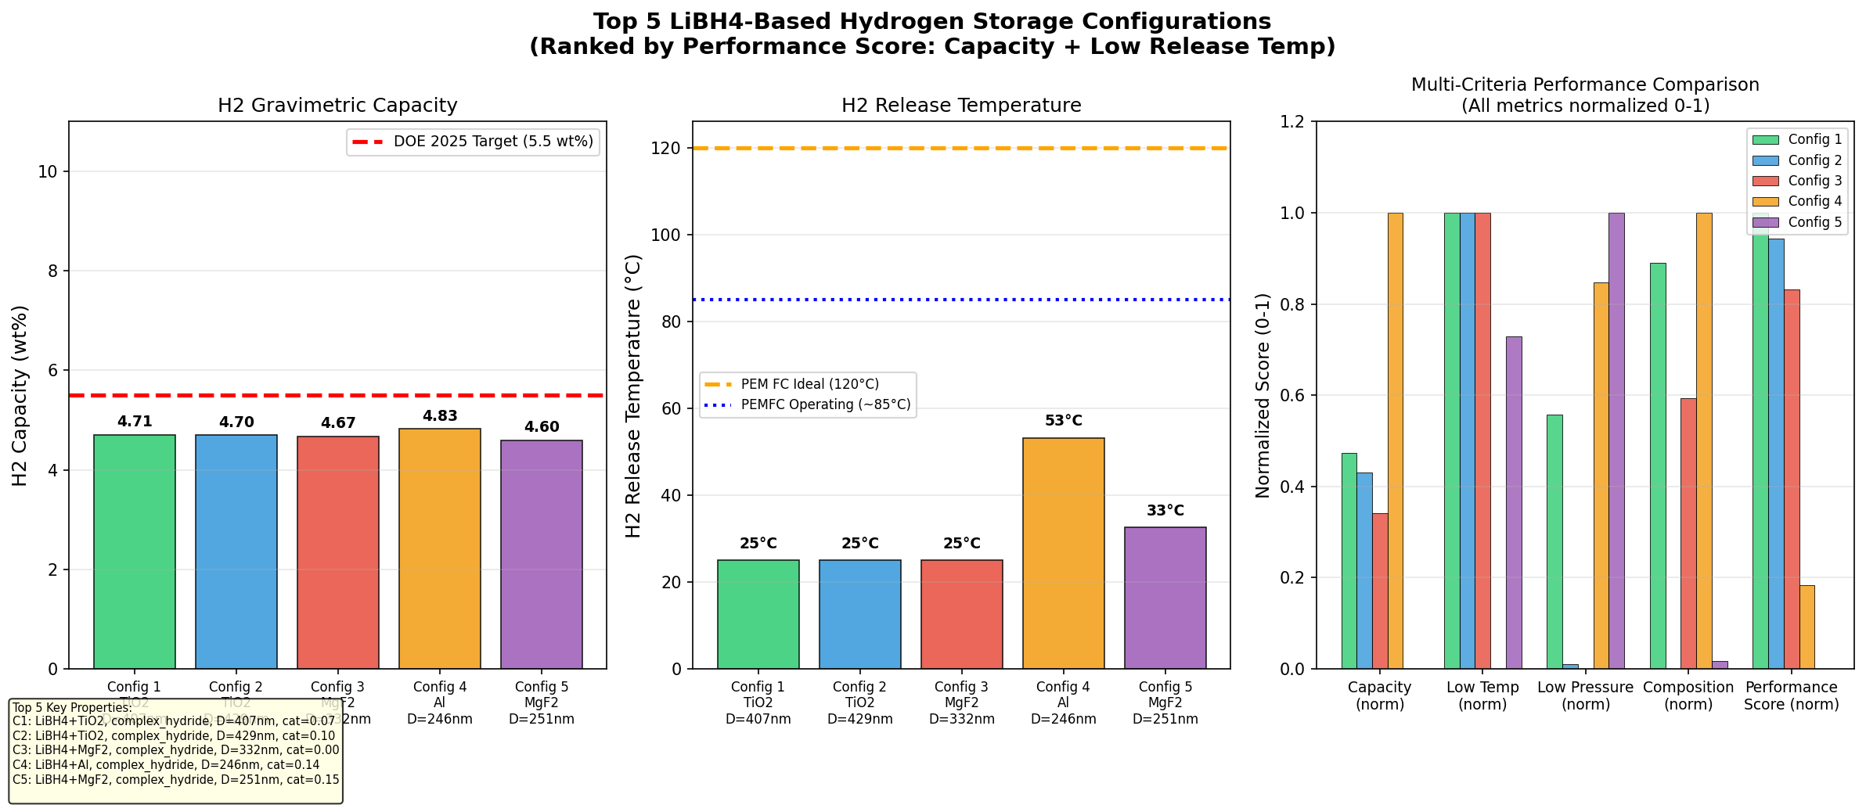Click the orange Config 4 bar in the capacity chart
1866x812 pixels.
[439, 548]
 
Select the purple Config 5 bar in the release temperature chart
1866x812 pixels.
[1165, 598]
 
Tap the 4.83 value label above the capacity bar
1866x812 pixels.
[440, 416]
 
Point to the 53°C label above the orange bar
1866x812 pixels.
[1064, 421]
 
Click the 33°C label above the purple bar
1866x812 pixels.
[1165, 511]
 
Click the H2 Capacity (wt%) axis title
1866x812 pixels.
[20, 395]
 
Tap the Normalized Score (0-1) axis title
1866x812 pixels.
[1263, 395]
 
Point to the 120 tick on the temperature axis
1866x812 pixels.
[665, 149]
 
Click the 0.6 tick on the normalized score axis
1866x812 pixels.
[1292, 396]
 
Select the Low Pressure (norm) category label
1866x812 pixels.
[1585, 695]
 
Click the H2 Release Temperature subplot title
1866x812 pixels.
[961, 106]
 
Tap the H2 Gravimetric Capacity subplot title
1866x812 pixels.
[337, 106]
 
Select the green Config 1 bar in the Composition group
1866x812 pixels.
[1658, 465]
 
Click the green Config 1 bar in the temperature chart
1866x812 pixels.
[758, 614]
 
